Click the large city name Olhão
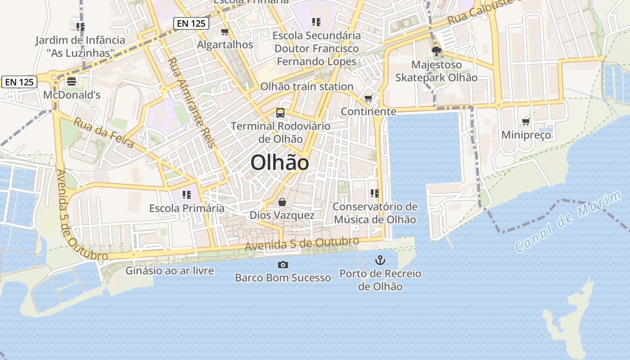click(279, 162)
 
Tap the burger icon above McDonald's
click(72, 81)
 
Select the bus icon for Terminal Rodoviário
click(280, 113)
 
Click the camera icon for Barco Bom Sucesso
click(283, 265)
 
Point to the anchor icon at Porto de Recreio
click(380, 260)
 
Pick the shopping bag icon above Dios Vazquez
click(282, 202)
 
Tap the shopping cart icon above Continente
click(369, 98)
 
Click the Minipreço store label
click(526, 135)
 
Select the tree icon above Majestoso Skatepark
click(436, 51)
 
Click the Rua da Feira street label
click(104, 133)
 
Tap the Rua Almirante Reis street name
click(191, 102)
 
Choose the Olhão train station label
click(307, 86)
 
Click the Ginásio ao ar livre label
click(169, 271)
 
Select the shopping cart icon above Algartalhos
click(225, 32)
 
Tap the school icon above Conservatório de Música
click(375, 193)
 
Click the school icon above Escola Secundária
click(316, 22)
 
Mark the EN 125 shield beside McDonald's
click(19, 82)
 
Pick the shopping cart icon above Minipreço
click(526, 122)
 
